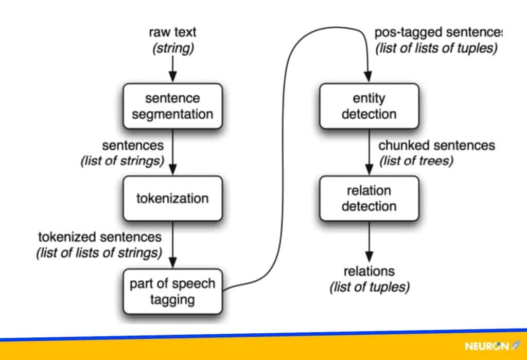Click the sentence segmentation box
172,106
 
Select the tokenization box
172,198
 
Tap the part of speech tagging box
172,291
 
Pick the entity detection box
368,106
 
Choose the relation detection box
368,198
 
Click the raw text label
172,32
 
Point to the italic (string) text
172,49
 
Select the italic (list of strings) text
122,160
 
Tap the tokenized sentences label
100,237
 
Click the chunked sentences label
436,146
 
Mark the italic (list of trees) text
416,160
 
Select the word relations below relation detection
369,271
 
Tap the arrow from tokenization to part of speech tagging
172,244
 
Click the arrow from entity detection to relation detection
368,152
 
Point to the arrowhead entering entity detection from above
368,78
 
